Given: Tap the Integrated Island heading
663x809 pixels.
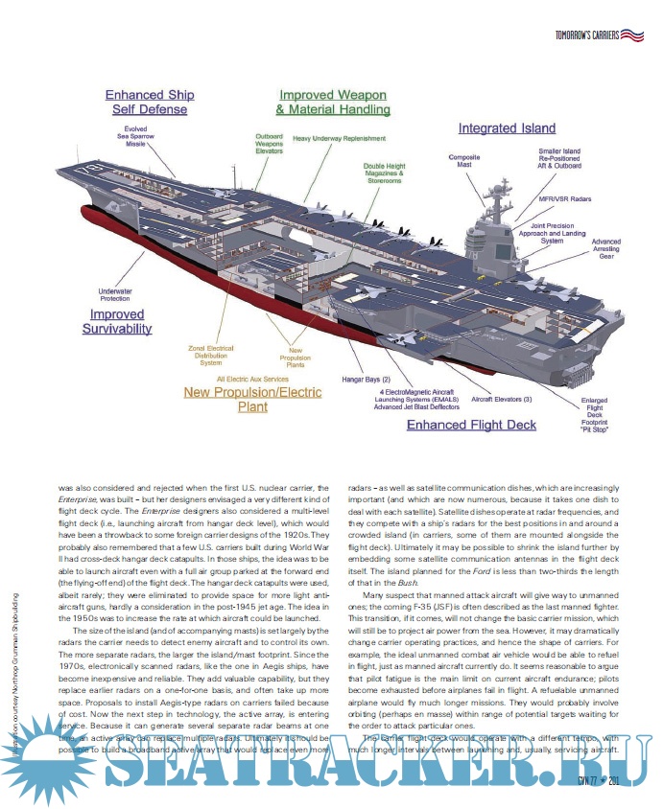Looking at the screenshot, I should tap(506, 128).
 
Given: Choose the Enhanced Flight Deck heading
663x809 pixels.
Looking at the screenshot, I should tap(471, 425).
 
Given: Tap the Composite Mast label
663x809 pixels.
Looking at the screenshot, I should tap(464, 160).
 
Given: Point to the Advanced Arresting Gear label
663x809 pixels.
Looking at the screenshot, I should tap(605, 249).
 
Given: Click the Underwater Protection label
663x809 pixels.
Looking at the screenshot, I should tap(114, 296).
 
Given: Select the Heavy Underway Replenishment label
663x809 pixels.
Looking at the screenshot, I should tap(339, 139).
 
